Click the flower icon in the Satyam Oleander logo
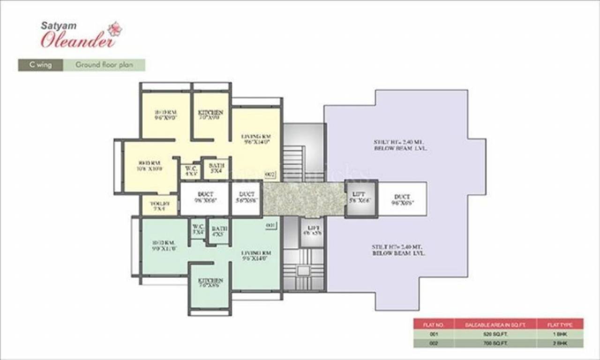pos(114,29)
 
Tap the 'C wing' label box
pos(40,65)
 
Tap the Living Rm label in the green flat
pos(256,255)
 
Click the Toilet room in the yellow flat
pos(159,205)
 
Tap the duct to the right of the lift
pos(402,200)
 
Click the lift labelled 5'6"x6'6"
pos(361,199)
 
